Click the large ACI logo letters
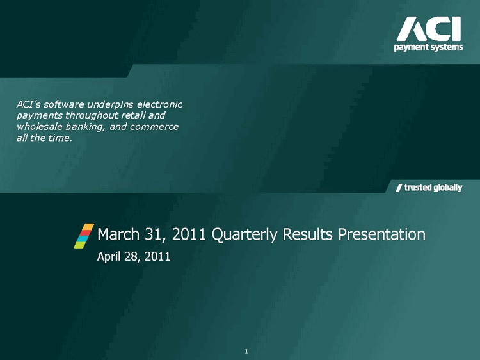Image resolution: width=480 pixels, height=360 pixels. tap(429, 29)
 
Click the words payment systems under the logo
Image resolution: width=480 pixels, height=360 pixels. tap(428, 47)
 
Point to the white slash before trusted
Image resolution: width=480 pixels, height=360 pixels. tap(399, 188)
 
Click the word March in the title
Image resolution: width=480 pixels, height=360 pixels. tap(118, 234)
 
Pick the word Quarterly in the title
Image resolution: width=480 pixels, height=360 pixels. tap(244, 235)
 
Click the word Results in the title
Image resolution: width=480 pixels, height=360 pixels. tap(307, 234)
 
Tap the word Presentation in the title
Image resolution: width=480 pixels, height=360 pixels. tap(381, 234)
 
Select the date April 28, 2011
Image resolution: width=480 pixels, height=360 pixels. tap(134, 256)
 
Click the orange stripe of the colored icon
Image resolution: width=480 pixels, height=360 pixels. tap(88, 227)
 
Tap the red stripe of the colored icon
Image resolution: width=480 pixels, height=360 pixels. tap(85, 233)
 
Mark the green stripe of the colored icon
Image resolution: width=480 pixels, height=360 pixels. tap(79, 245)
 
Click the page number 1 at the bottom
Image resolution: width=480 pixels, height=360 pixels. tap(246, 352)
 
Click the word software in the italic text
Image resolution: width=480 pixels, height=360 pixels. tap(63, 104)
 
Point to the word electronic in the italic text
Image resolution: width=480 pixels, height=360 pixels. tap(159, 104)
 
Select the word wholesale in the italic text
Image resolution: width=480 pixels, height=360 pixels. tap(40, 127)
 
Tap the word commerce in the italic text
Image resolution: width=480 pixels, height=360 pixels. tap(154, 127)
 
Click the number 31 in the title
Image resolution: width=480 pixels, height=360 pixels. tap(153, 234)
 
